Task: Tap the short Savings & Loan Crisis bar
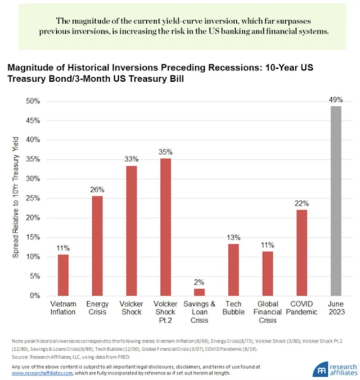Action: [x=199, y=292]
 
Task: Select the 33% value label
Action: [x=131, y=160]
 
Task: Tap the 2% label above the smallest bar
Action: [x=200, y=281]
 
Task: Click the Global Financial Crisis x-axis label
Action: [x=268, y=312]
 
